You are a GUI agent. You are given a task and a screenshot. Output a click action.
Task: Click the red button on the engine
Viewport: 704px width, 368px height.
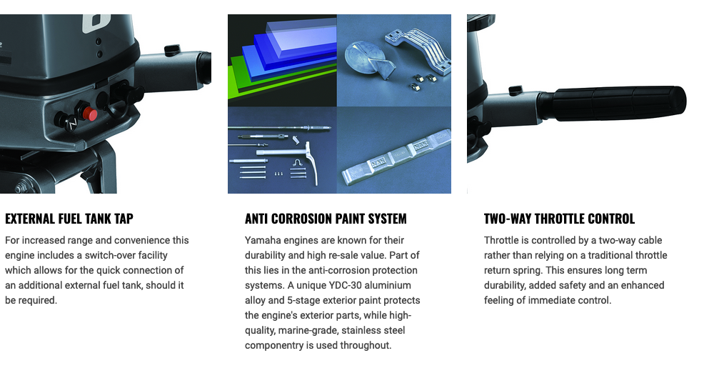[x=90, y=114]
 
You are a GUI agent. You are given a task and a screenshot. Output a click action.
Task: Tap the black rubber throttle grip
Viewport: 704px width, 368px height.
[x=613, y=103]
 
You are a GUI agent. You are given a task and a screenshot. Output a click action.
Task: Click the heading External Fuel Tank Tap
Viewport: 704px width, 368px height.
[x=69, y=219]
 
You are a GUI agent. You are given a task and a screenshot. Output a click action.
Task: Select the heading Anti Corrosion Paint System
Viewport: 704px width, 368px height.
[x=326, y=219]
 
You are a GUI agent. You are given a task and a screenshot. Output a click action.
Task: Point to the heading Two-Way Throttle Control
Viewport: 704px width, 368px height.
[x=559, y=219]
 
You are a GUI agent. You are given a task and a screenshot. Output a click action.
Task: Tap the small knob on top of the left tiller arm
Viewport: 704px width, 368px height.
[x=172, y=49]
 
